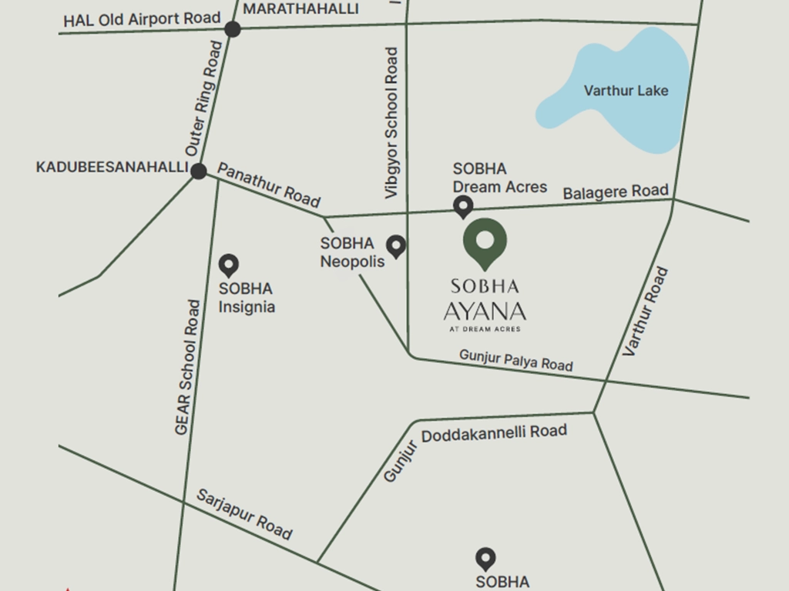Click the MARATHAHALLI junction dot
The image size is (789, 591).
(x=233, y=29)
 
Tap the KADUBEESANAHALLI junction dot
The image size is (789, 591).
(x=199, y=171)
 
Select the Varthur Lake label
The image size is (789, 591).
(x=626, y=91)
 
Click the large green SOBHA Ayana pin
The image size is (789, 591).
(x=485, y=242)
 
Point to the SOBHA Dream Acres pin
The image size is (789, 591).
(x=462, y=206)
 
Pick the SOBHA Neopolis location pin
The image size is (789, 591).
(x=396, y=246)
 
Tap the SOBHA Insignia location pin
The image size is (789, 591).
(x=229, y=266)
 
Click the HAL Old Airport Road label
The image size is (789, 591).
(x=142, y=19)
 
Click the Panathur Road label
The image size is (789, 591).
(x=268, y=185)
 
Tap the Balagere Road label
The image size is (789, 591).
(x=615, y=192)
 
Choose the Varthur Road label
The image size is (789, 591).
(x=646, y=311)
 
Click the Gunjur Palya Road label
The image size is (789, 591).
(x=516, y=359)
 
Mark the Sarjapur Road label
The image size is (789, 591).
(x=244, y=513)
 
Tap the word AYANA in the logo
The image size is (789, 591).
(x=485, y=312)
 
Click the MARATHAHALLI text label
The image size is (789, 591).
(x=300, y=8)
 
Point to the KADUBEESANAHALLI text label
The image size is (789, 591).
(x=112, y=167)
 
